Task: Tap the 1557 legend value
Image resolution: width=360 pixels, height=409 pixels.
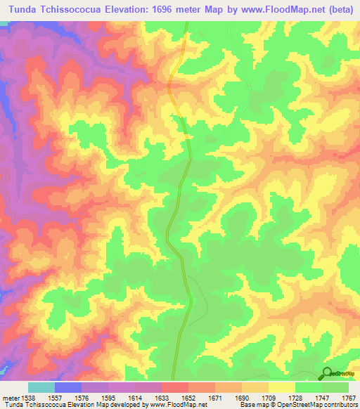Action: click(55, 398)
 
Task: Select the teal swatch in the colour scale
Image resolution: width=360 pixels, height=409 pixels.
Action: click(41, 387)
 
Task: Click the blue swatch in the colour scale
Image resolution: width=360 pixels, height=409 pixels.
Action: click(68, 387)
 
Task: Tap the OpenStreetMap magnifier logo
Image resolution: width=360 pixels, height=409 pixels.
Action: click(327, 373)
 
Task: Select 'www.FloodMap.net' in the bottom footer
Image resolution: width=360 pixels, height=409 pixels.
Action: click(160, 405)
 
